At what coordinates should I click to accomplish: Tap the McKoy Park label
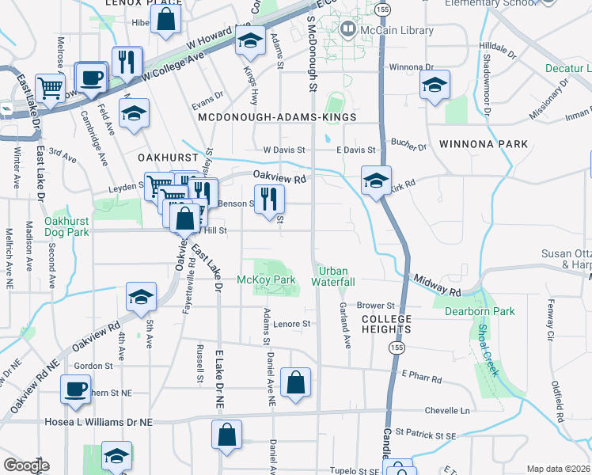266,280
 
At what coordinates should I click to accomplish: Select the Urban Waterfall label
332,276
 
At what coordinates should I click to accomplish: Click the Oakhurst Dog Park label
66,226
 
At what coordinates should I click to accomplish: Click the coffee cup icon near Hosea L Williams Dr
76,389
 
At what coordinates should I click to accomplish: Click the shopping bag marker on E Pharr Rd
296,383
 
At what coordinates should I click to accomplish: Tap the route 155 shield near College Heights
393,346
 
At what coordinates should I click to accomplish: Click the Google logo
26,465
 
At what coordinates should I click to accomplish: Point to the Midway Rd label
438,287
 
